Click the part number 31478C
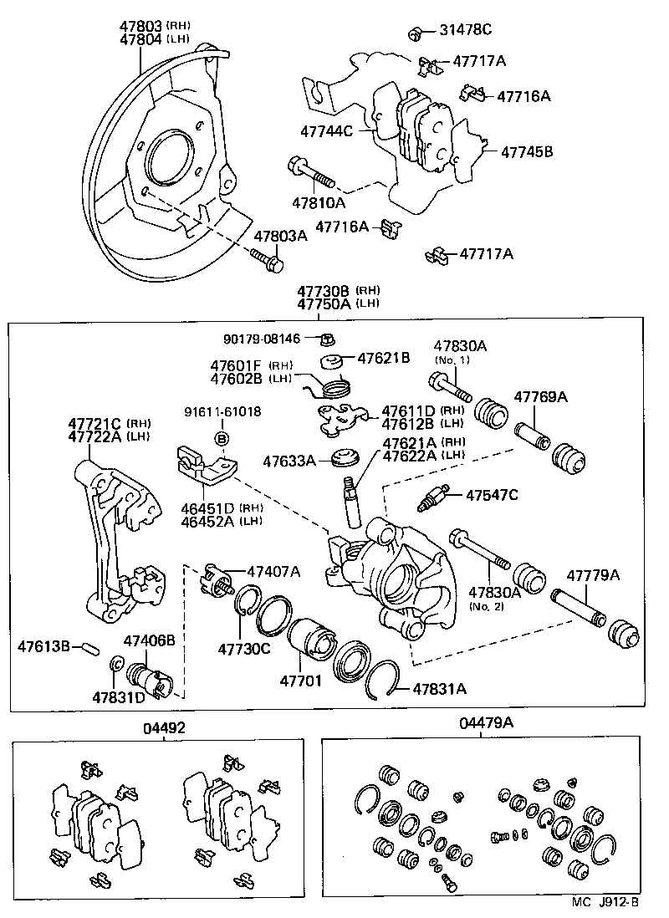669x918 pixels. (x=465, y=31)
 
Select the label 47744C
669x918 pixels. (x=327, y=130)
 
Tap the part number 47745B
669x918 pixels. (x=527, y=152)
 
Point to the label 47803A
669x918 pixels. (x=281, y=237)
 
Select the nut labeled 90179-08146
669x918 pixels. (x=329, y=339)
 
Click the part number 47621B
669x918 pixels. (x=384, y=358)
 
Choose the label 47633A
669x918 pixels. (x=290, y=461)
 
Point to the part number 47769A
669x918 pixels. (x=540, y=396)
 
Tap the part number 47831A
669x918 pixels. (x=439, y=689)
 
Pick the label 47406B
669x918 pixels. (x=149, y=640)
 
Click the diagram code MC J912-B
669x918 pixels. (x=605, y=902)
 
